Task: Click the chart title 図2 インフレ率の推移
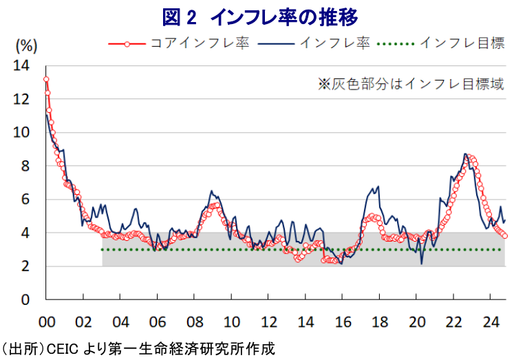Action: click(x=257, y=15)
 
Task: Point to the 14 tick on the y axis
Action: click(x=23, y=66)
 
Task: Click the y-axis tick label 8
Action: click(x=26, y=166)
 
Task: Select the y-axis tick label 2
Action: click(x=26, y=266)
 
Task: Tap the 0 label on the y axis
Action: click(x=26, y=299)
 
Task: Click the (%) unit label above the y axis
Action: click(x=25, y=46)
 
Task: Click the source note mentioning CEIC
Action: click(x=138, y=348)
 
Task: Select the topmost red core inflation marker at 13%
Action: click(x=46, y=79)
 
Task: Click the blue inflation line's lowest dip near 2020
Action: click(x=421, y=262)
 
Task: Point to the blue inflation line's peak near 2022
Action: click(x=466, y=154)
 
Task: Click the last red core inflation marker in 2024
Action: click(x=505, y=235)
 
